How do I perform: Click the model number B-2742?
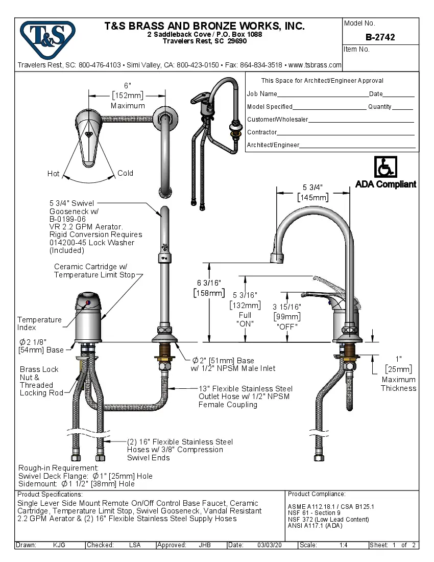point(380,37)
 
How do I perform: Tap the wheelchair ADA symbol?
point(385,167)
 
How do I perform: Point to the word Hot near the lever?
point(54,174)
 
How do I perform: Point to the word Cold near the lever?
point(125,173)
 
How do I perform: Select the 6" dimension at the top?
point(128,85)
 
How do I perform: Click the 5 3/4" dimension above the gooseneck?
point(313,187)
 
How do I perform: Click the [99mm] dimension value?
point(286,316)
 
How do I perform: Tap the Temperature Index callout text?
point(39,323)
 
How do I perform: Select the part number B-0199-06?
point(67,219)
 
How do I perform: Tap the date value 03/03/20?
point(270,545)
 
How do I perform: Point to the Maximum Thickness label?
point(398,384)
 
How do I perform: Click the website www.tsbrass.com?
point(315,65)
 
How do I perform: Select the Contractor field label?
point(262,132)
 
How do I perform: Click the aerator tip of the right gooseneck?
point(277,259)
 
